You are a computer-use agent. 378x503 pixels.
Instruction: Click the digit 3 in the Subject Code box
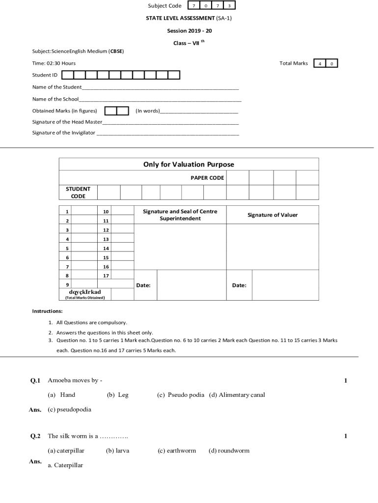click(x=229, y=6)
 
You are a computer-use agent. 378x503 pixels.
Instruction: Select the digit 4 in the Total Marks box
click(x=320, y=63)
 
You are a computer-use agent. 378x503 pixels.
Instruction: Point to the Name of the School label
click(x=55, y=99)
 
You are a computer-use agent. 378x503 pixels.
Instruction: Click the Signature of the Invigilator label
click(x=64, y=133)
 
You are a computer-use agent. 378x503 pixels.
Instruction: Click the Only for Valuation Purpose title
click(x=189, y=165)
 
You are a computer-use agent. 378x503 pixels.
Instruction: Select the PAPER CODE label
click(x=207, y=178)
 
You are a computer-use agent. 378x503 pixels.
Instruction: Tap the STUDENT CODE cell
click(x=78, y=192)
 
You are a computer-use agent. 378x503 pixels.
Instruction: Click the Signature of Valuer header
click(x=272, y=215)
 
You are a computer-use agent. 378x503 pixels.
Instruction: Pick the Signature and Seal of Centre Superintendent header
click(x=180, y=215)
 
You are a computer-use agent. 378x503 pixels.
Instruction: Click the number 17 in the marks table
click(x=106, y=275)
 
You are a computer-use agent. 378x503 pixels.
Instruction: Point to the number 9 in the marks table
click(x=67, y=284)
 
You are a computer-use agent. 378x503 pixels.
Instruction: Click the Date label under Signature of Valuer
click(x=239, y=285)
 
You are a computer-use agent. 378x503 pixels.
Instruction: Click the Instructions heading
click(x=47, y=311)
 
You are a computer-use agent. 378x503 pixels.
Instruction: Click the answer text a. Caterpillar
click(x=65, y=465)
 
